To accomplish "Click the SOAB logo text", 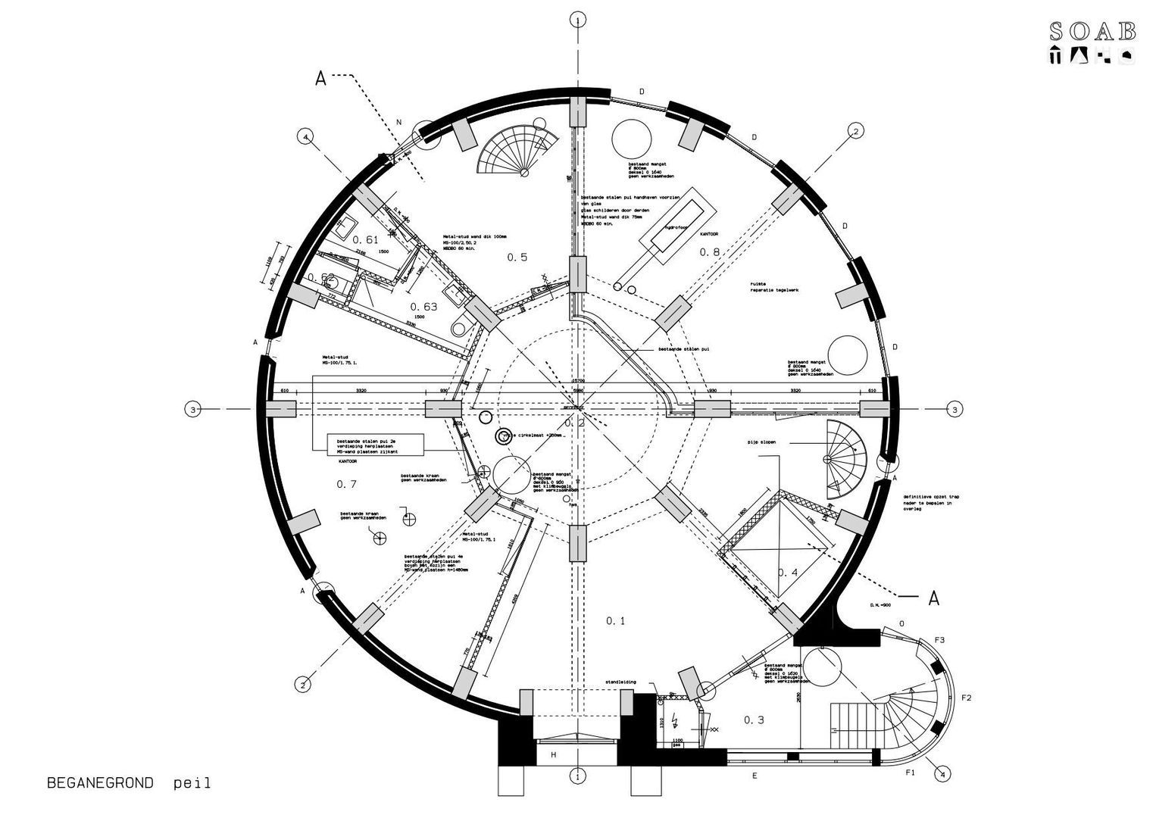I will (1092, 30).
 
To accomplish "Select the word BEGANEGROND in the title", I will (100, 782).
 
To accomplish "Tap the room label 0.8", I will (709, 251).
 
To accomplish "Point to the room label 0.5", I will (517, 258).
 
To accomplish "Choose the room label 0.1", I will (615, 621).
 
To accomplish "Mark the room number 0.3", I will (754, 720).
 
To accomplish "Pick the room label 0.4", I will (788, 573).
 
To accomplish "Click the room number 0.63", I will (423, 306).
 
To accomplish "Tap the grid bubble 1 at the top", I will (578, 20).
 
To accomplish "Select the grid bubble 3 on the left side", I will (193, 410).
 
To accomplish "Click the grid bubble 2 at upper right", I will (855, 131).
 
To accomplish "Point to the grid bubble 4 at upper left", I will (305, 137).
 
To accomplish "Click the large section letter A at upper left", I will (320, 79).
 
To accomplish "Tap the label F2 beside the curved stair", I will (966, 697).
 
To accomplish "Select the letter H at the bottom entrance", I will (553, 754).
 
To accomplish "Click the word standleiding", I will (620, 682).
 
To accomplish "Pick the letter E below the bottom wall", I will (754, 776).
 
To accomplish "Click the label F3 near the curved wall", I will (939, 640).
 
